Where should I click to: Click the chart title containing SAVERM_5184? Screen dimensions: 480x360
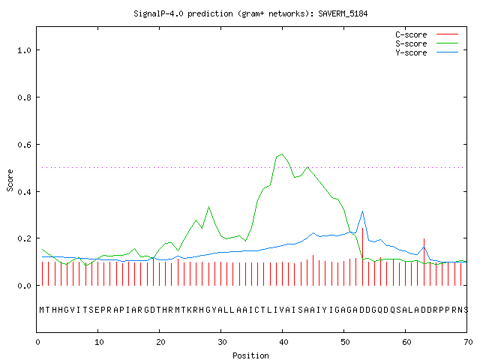click(250, 13)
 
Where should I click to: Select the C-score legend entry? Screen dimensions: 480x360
click(427, 34)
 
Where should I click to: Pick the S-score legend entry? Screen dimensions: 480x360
click(427, 43)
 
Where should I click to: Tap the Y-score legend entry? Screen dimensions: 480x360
click(427, 52)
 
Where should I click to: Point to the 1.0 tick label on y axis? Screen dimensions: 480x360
click(24, 50)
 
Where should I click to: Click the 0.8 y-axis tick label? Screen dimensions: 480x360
click(24, 97)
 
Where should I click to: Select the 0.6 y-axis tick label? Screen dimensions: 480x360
click(24, 145)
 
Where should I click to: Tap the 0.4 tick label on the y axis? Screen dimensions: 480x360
click(24, 192)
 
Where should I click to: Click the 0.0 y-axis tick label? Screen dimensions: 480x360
click(24, 286)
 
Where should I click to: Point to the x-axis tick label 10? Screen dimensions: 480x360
click(99, 342)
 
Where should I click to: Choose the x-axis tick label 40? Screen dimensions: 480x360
click(283, 342)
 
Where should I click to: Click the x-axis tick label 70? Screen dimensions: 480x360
click(468, 342)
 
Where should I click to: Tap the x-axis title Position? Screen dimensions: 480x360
click(250, 355)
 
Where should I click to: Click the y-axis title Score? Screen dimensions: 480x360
click(10, 180)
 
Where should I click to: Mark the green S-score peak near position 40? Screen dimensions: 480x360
click(282, 154)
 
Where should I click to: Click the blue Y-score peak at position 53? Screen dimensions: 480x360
click(362, 211)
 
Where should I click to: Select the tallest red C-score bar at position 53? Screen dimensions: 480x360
click(362, 256)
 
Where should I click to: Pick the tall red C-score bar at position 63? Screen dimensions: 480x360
click(424, 262)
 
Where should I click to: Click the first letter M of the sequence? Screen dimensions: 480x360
click(42, 310)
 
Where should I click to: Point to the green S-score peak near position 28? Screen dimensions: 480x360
click(208, 207)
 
